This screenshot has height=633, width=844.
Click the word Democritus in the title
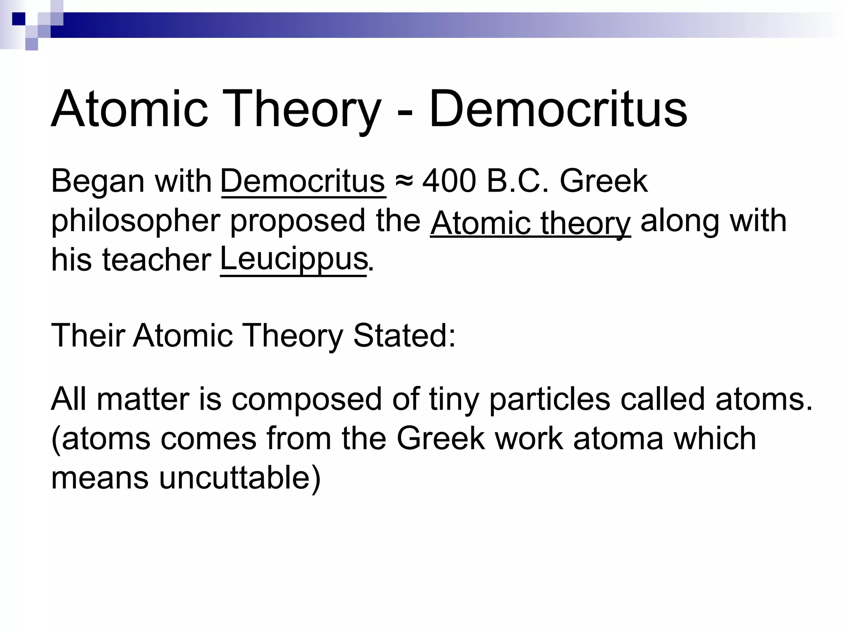click(558, 109)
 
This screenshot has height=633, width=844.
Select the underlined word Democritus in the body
click(303, 181)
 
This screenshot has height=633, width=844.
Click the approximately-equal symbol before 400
click(403, 181)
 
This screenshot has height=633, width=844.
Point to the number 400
click(449, 181)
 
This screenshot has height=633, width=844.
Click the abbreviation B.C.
click(518, 181)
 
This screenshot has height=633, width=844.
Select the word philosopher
click(136, 221)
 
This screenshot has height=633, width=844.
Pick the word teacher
click(157, 260)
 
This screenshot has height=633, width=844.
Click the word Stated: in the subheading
click(404, 335)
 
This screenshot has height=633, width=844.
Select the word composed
click(307, 399)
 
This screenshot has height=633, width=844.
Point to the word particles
click(549, 399)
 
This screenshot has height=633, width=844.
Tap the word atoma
click(618, 438)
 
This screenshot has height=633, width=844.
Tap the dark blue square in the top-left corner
click(19, 19)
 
